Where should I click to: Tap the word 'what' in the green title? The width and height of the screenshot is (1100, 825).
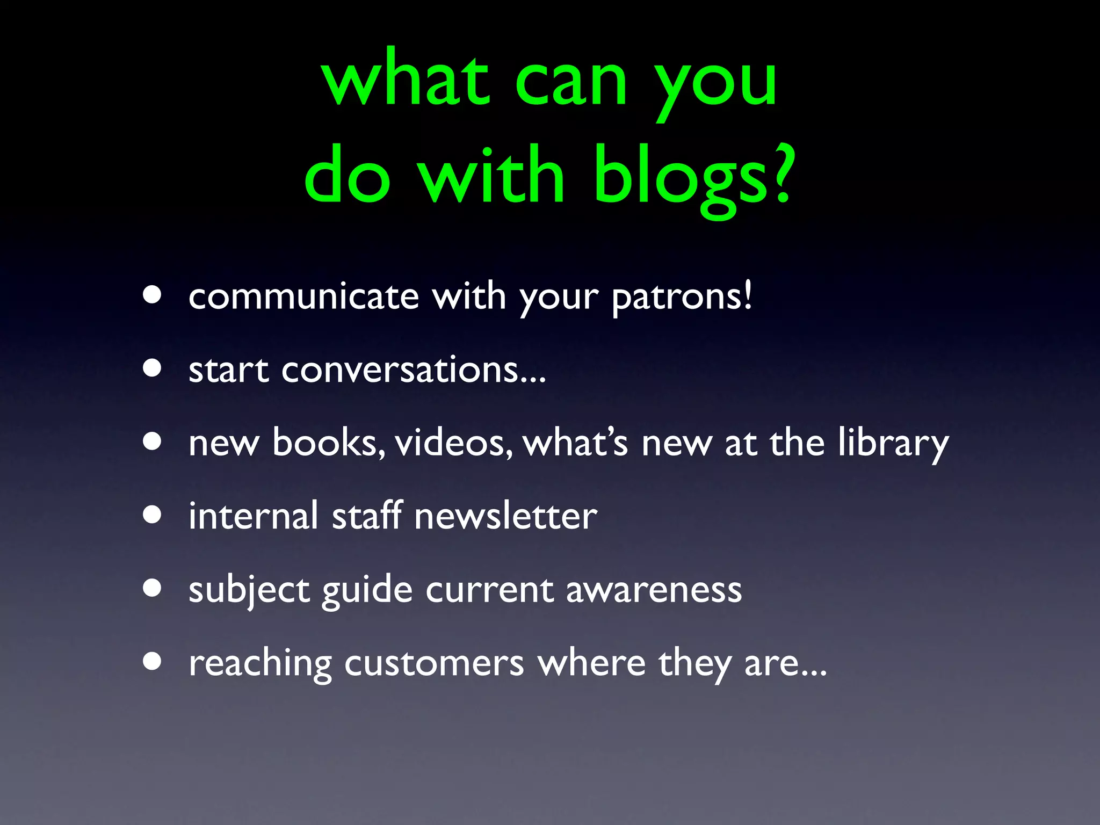coord(405,81)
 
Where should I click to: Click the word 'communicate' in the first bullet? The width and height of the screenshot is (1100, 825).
coord(303,296)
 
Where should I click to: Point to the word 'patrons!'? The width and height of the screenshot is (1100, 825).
coord(682,298)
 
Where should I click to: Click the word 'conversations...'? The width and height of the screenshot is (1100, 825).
coord(413,370)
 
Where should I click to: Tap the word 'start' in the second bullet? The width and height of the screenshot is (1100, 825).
coord(228,370)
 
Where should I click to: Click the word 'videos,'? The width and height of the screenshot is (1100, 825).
coord(454,443)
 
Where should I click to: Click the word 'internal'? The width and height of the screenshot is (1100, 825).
coord(254,516)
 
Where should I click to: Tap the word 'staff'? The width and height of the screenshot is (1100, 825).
coord(367,516)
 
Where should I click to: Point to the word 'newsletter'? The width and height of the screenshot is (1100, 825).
coord(505,516)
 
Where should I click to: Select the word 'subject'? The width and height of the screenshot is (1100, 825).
coord(249,590)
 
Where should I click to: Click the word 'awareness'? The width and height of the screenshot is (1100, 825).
coord(654,590)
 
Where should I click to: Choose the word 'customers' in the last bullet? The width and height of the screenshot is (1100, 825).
coord(434,663)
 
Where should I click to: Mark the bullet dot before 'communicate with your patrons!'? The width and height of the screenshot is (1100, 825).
coord(153,295)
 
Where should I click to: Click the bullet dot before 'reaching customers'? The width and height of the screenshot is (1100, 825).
coord(153,662)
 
